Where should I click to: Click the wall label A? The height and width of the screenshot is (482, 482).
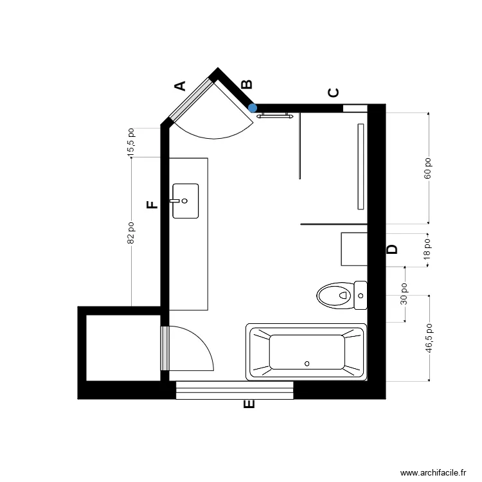[181, 85]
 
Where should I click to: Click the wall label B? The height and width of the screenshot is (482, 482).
[246, 85]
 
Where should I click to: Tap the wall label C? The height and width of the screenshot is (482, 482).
[334, 93]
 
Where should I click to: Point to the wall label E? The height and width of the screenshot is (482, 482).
[250, 405]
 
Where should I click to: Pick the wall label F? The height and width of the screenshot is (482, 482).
[152, 205]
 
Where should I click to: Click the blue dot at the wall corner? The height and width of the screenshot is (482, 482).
[253, 108]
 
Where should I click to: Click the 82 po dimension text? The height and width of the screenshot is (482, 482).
[131, 233]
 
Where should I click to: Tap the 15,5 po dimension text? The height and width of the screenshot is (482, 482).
[131, 141]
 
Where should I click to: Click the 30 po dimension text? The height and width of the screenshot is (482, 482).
[405, 294]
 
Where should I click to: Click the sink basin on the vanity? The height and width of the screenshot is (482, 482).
[185, 201]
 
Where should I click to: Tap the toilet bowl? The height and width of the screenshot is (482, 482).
[334, 296]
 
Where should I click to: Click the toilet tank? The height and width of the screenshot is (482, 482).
[360, 296]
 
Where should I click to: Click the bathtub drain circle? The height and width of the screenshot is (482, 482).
[307, 363]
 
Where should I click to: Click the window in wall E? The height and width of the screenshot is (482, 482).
[235, 389]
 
